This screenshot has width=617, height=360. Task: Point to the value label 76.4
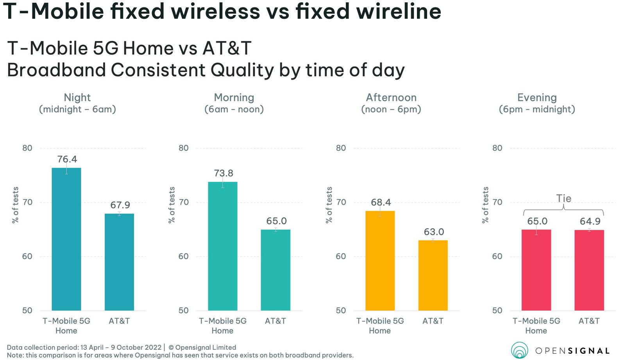click(67, 159)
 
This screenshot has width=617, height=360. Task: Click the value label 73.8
click(224, 173)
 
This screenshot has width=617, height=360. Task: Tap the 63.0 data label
click(434, 232)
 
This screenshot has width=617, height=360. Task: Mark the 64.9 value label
click(590, 221)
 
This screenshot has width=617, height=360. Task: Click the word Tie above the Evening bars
click(564, 198)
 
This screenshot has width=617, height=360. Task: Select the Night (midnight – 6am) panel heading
click(77, 103)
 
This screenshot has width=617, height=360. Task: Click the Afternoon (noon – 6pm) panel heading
click(391, 103)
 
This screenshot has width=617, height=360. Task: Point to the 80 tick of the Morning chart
click(184, 148)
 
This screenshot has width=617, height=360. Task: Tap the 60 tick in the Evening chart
click(497, 256)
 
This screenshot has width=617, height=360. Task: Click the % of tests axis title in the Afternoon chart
click(329, 205)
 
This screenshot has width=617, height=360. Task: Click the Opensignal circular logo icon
click(520, 350)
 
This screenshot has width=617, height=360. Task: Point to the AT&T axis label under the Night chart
click(119, 321)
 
